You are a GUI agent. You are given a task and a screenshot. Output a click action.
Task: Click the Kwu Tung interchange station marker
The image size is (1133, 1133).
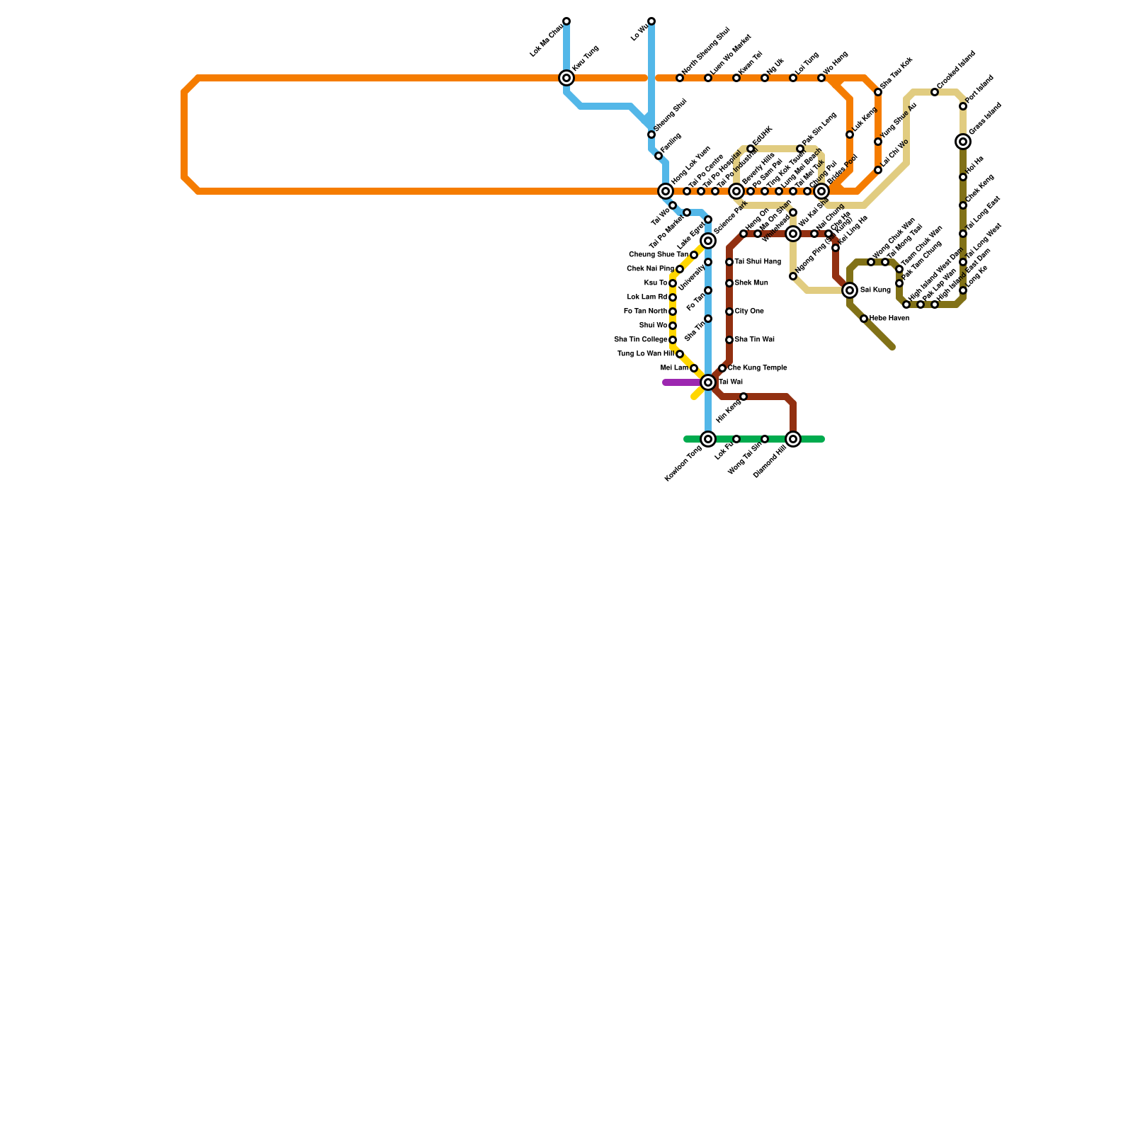tap(566, 78)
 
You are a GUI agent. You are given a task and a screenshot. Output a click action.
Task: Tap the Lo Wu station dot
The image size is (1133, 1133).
tap(651, 21)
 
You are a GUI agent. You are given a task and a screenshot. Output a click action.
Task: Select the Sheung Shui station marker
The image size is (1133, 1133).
tap(651, 135)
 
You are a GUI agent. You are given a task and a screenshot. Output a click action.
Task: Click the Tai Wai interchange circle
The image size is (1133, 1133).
tap(708, 382)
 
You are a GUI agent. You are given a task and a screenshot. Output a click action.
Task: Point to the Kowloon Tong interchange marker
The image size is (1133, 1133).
tap(708, 439)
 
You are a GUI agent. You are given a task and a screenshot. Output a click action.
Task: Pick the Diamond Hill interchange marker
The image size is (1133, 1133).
tap(793, 439)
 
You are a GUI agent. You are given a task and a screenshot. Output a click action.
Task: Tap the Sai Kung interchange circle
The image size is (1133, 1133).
tap(850, 290)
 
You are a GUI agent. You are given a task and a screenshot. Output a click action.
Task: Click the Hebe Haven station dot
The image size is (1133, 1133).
tap(864, 319)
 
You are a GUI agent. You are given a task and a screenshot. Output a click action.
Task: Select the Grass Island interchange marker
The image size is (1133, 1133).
tap(963, 142)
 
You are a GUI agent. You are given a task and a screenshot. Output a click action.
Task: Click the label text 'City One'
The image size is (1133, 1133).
tap(749, 312)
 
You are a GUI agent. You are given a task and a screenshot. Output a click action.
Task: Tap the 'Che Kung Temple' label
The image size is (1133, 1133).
tap(757, 368)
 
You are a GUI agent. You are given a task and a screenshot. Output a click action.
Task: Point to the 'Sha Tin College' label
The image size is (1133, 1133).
tap(640, 340)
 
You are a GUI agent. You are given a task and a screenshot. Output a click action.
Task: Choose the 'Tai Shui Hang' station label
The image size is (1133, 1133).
tap(758, 262)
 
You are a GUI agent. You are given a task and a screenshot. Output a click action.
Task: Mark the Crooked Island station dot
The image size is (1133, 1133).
tap(935, 92)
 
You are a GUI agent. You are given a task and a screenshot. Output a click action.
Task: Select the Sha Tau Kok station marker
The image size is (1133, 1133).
tap(878, 92)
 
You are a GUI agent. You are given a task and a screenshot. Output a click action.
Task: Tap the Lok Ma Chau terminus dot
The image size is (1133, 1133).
tap(566, 21)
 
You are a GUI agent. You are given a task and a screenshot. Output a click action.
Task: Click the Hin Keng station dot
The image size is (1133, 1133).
tap(744, 397)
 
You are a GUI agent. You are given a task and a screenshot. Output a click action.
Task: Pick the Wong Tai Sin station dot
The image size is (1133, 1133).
tap(765, 439)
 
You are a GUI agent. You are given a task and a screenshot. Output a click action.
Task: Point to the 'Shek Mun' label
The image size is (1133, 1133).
tap(751, 283)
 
